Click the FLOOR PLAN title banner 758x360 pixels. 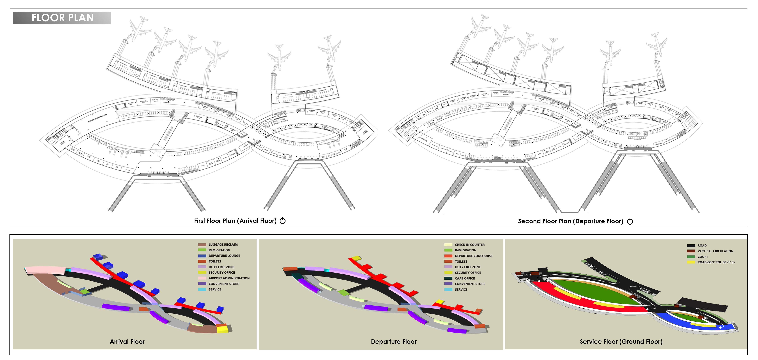[x=62, y=18]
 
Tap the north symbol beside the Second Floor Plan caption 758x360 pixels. [x=630, y=221]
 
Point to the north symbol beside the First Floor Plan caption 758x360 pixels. [x=283, y=221]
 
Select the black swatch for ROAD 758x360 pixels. [x=691, y=246]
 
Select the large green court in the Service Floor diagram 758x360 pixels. [x=591, y=291]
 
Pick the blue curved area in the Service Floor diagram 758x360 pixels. [x=677, y=321]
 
